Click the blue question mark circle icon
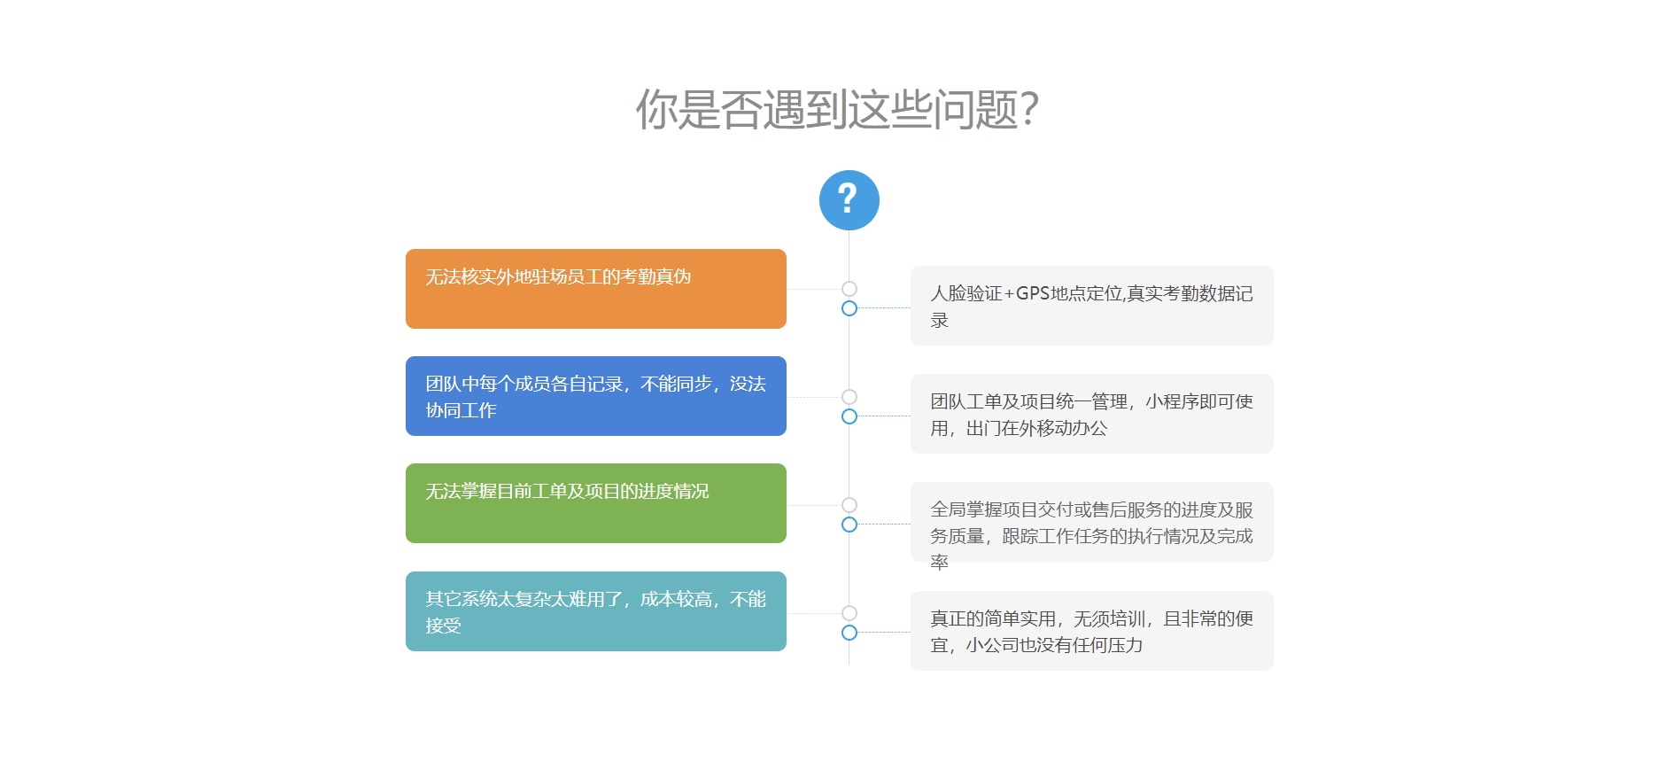(x=849, y=200)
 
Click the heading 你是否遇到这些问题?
(x=837, y=110)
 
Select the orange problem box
(x=596, y=289)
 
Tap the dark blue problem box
(x=596, y=396)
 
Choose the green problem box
(x=596, y=503)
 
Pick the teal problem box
(x=596, y=611)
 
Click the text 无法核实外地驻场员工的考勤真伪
(x=558, y=276)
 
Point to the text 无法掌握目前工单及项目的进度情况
(x=567, y=491)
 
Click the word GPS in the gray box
(x=1032, y=293)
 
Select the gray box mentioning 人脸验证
(x=1092, y=306)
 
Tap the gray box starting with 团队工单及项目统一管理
(x=1092, y=414)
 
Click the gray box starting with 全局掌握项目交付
(x=1092, y=522)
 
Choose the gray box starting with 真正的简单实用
(x=1092, y=631)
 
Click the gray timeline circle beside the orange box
(x=849, y=289)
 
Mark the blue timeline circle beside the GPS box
(x=849, y=308)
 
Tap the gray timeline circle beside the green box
(x=849, y=505)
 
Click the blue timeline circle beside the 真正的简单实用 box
(x=849, y=633)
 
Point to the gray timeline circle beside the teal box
(x=849, y=613)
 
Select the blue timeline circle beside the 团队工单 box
(x=849, y=416)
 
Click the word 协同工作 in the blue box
(x=461, y=410)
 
